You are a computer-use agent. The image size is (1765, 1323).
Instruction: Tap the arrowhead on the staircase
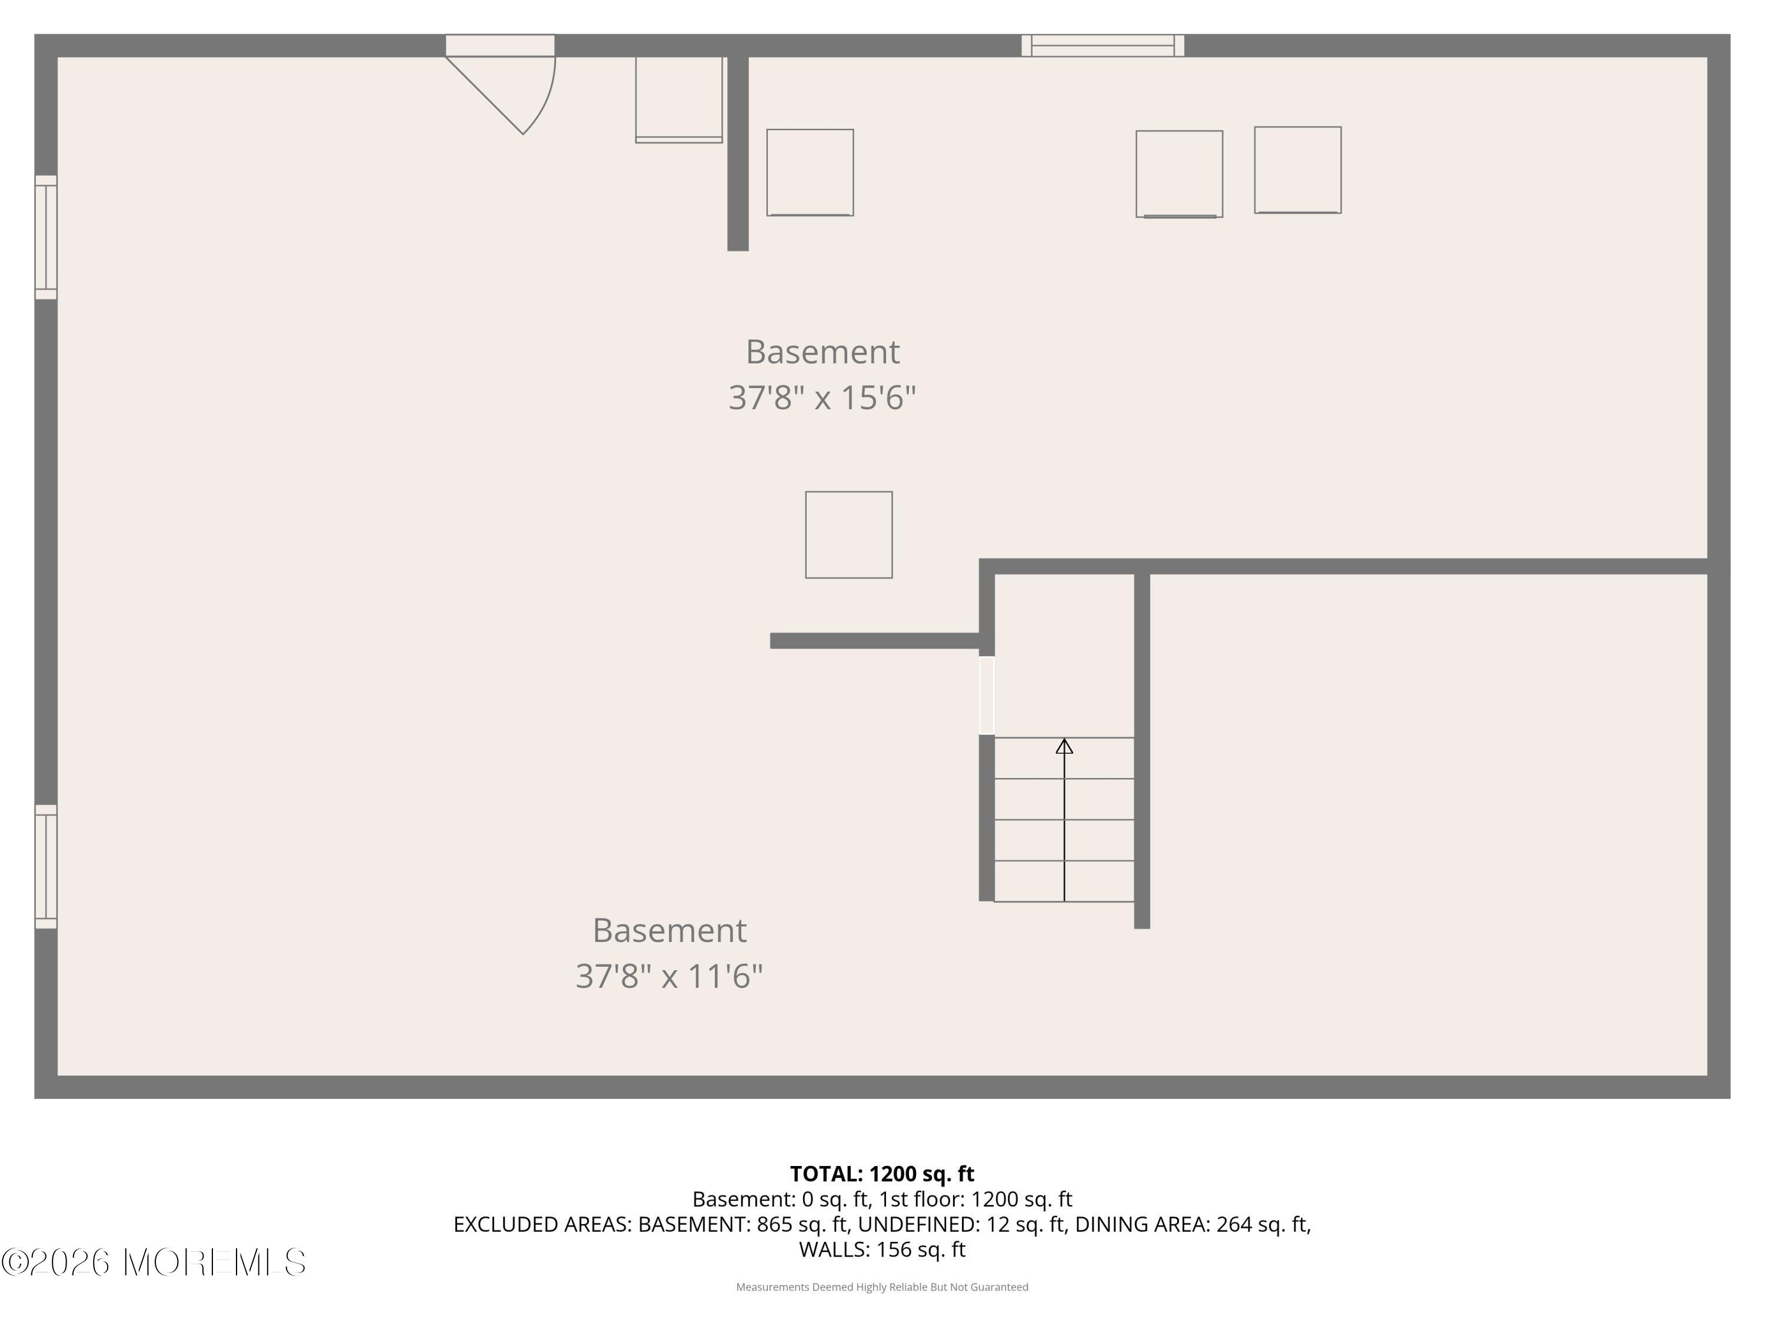(1064, 746)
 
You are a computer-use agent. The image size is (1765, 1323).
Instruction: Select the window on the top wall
(1103, 45)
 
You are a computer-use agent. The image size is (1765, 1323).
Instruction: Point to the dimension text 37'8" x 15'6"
(822, 397)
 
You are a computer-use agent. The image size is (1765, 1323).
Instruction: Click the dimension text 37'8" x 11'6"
(670, 976)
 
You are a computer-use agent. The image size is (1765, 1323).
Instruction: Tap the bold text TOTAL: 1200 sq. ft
(882, 1174)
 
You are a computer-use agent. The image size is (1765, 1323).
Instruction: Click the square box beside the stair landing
(849, 535)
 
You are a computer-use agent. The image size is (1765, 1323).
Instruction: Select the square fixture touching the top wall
(679, 100)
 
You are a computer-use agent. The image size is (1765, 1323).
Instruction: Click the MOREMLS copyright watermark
(153, 1262)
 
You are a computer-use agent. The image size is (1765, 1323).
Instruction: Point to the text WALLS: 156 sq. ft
(882, 1249)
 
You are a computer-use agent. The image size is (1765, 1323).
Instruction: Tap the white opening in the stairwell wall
(987, 696)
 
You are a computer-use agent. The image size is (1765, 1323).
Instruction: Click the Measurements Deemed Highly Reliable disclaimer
(882, 1287)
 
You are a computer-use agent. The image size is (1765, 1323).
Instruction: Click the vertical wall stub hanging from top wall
(738, 154)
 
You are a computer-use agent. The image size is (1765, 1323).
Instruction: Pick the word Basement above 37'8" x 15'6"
(822, 352)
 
